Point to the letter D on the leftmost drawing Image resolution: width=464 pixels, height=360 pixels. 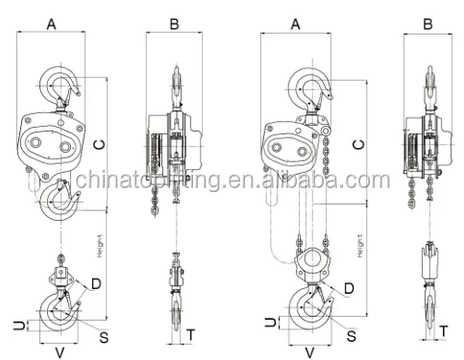[x=96, y=282]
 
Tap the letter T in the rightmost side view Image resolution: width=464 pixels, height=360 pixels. [x=444, y=331]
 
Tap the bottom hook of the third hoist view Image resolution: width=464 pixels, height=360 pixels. [x=308, y=309]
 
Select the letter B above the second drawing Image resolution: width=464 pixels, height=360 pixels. [x=174, y=20]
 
